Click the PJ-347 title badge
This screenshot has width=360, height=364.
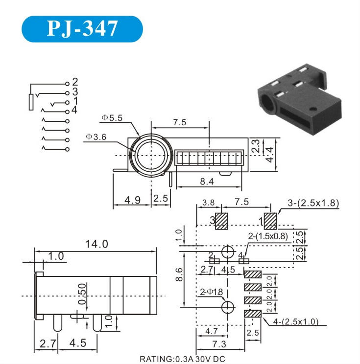tap(82, 29)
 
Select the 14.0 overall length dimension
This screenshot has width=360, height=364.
tap(96, 244)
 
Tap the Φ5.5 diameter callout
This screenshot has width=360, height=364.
tap(112, 118)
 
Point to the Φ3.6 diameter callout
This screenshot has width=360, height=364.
tap(96, 137)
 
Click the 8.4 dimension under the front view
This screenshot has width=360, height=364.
tap(207, 182)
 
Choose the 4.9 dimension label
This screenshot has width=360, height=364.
tap(132, 200)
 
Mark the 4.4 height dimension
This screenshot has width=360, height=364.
tap(270, 155)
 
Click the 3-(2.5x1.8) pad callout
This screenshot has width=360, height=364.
tap(313, 203)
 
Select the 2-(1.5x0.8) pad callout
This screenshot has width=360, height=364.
tap(268, 236)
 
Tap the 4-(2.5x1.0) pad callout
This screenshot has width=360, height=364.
tap(296, 322)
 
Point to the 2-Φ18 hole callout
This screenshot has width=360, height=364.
tap(211, 292)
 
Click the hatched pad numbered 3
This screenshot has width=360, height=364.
tap(221, 221)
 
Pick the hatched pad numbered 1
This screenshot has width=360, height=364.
tap(270, 221)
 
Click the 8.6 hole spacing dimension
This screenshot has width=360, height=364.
tap(179, 274)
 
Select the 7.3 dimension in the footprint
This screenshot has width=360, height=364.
tap(219, 344)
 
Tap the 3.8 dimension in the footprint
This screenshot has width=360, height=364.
tap(208, 203)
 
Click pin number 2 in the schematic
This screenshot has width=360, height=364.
tap(75, 82)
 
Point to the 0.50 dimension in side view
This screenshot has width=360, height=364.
tap(82, 294)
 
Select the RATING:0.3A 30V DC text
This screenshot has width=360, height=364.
tap(182, 359)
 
